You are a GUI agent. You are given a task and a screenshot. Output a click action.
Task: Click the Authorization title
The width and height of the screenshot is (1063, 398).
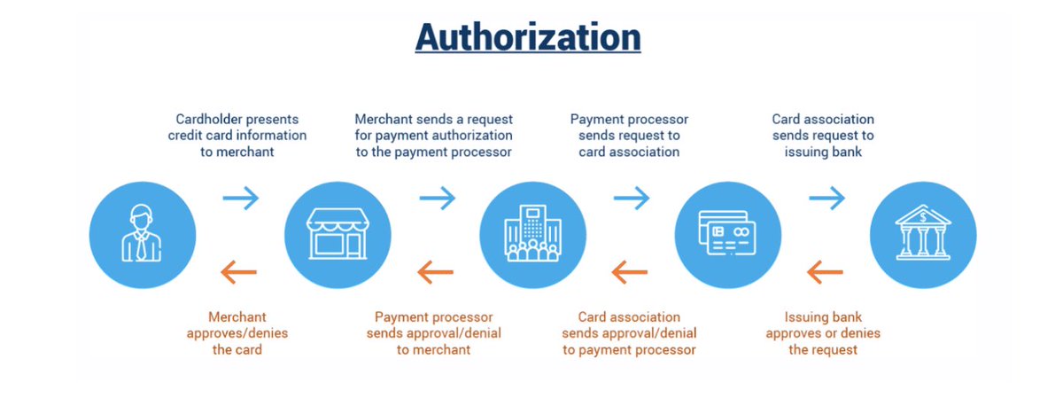pos(527,37)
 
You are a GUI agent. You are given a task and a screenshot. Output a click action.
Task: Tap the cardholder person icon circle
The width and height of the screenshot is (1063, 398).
pos(142,234)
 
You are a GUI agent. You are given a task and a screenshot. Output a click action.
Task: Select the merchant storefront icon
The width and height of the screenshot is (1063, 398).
pos(337,234)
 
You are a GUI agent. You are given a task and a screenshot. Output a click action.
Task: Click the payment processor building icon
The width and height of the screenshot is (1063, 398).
pos(532,234)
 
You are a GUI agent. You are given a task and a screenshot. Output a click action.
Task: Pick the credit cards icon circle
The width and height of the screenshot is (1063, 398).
pos(727,234)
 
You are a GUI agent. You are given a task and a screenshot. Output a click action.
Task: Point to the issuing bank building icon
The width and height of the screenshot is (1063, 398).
pos(923,234)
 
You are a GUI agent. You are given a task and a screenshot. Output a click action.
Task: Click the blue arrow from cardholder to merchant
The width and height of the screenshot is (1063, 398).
pos(240,198)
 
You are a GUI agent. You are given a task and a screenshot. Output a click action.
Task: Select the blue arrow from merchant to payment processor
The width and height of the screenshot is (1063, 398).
pos(436,198)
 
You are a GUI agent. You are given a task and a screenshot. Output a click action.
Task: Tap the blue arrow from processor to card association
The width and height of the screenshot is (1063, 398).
pos(631,198)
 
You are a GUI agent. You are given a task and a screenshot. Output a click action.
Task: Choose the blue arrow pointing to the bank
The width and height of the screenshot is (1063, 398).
pos(826,198)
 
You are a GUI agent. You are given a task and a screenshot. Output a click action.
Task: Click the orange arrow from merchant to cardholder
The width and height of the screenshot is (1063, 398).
pos(239,270)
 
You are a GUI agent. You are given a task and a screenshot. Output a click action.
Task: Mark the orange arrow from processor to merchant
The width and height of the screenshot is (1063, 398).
pos(435,270)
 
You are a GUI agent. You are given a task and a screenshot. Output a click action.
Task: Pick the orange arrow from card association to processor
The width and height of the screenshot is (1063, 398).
pos(630,270)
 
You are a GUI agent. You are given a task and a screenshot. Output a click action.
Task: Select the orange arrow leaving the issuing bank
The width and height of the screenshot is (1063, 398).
pos(826,270)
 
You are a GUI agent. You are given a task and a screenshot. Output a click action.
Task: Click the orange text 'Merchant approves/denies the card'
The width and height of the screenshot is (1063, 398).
pos(237,332)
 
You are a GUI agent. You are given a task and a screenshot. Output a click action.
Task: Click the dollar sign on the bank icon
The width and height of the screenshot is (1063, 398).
pos(923,214)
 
